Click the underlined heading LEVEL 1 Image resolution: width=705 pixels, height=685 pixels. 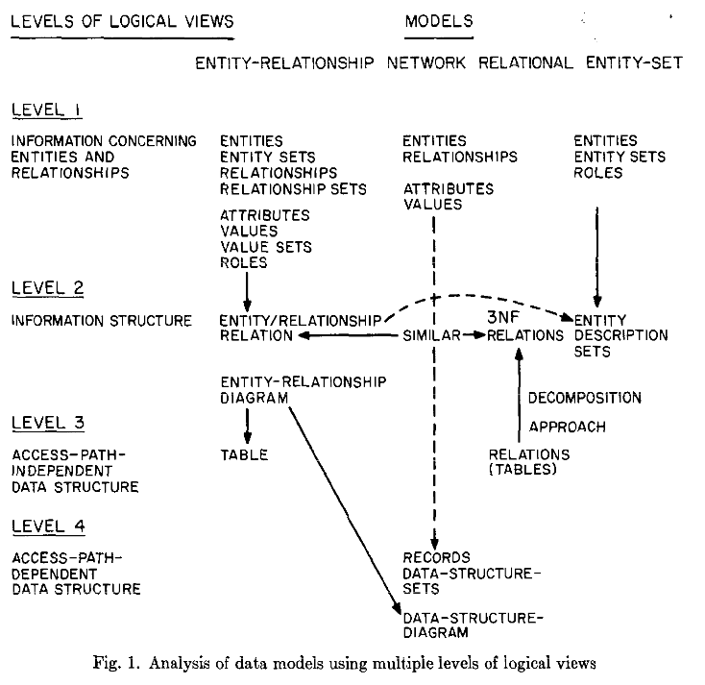click(47, 110)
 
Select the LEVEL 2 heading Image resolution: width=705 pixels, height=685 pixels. click(48, 288)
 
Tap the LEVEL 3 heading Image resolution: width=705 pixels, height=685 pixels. click(48, 423)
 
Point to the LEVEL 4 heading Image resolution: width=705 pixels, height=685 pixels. click(49, 526)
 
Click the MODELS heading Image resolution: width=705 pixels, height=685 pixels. click(439, 21)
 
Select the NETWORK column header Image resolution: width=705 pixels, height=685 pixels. click(426, 63)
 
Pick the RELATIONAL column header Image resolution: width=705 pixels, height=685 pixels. click(525, 63)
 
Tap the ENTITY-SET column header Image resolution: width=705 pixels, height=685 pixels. click(635, 63)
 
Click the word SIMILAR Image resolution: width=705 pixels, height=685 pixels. click(431, 335)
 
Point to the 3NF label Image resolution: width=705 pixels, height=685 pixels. click(503, 318)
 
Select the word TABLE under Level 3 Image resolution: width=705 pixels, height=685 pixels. click(244, 455)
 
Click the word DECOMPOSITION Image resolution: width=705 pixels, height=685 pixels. click(585, 398)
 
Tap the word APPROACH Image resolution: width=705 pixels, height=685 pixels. click(568, 427)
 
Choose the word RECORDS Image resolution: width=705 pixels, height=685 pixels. click(436, 558)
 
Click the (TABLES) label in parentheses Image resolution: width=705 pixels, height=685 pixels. click(523, 470)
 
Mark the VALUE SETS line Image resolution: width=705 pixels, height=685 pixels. click(266, 247)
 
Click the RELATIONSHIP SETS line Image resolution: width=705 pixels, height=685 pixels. click(293, 189)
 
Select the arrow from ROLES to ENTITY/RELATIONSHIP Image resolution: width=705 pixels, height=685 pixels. click(247, 291)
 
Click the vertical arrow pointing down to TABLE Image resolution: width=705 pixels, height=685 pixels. click(247, 426)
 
